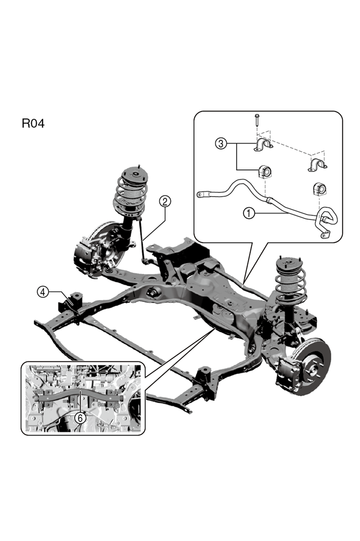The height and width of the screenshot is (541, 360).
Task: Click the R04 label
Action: coord(33,123)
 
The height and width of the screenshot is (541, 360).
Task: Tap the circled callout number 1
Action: coord(249,213)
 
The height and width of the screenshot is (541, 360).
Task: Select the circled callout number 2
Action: coord(165,201)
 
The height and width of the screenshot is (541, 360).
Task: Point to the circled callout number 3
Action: coord(221,144)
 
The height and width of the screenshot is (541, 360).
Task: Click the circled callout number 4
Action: coord(44,292)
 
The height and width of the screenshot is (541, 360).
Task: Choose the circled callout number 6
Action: coord(81,418)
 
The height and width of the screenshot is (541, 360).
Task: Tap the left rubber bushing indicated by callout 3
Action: coord(264,172)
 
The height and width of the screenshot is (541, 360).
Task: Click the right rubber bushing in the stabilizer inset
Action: coord(319,189)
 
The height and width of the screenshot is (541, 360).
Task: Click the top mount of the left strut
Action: coord(130,175)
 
